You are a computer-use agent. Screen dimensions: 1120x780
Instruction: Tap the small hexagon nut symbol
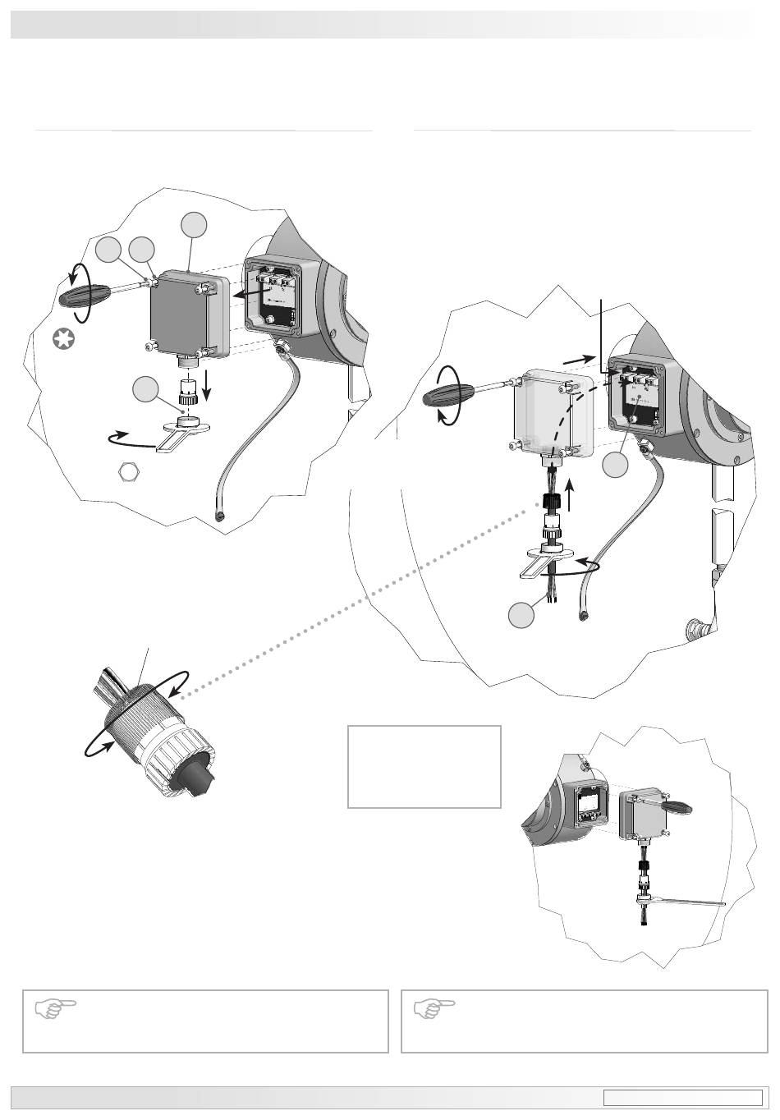pos(127,471)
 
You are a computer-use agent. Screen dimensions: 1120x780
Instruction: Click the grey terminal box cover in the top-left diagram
pos(185,316)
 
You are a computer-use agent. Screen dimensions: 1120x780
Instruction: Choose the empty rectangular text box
pos(424,766)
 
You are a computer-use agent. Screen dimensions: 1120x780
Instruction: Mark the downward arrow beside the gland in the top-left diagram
pos(205,385)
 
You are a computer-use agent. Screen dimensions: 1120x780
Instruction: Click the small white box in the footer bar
pos(683,1098)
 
